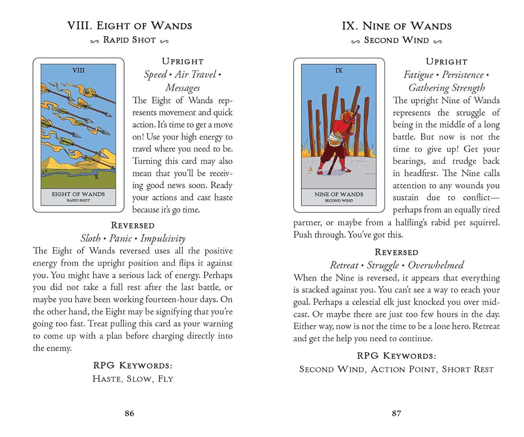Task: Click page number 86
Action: (x=129, y=413)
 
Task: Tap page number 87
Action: (x=396, y=413)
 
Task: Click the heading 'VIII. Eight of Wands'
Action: (x=129, y=26)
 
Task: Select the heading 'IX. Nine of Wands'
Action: (x=396, y=26)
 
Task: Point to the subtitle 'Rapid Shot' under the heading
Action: (x=129, y=40)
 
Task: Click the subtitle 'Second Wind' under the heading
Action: (x=396, y=40)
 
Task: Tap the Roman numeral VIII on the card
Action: (x=78, y=70)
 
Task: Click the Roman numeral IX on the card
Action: (x=339, y=70)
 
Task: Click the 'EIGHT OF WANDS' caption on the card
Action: (x=78, y=194)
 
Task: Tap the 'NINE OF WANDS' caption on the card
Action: (x=339, y=195)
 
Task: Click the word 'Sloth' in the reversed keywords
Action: (x=91, y=238)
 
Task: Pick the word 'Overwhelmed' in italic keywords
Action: (x=436, y=265)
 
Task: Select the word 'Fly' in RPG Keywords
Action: (x=166, y=379)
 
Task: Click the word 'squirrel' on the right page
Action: (x=484, y=222)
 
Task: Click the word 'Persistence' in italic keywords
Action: (x=462, y=75)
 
